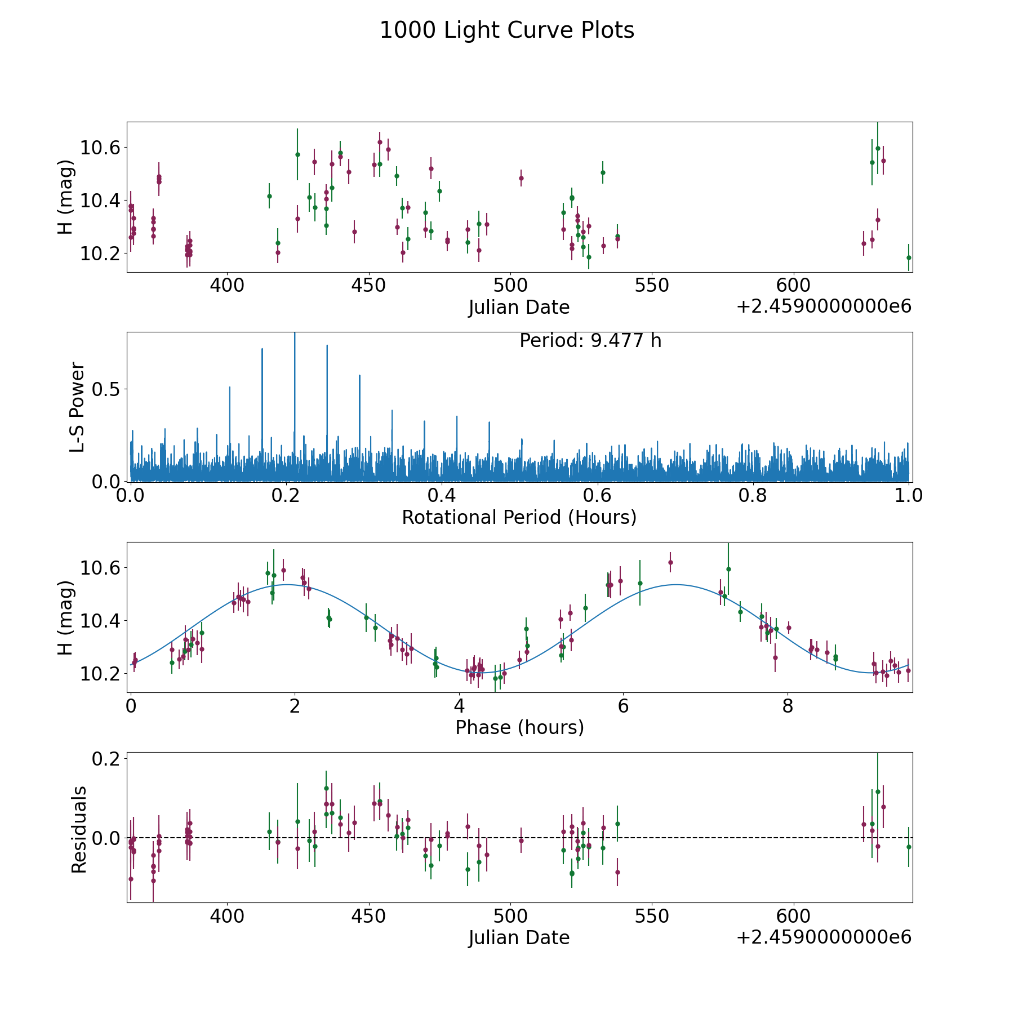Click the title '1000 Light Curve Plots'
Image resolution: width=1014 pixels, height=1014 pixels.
[507, 30]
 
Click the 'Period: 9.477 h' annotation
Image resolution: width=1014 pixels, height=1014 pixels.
[590, 341]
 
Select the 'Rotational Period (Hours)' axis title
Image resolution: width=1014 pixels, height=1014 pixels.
[519, 517]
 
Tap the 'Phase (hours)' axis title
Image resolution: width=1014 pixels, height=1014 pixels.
[519, 727]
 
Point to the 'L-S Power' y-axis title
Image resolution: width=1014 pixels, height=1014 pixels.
[78, 407]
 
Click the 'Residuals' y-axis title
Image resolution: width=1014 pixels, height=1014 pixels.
[79, 829]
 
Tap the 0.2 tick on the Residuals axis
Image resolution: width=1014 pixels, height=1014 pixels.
[108, 759]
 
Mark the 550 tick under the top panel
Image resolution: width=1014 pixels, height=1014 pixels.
[652, 286]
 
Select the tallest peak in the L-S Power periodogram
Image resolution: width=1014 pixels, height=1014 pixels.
[294, 336]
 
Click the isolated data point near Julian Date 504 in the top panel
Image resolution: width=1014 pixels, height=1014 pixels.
[521, 178]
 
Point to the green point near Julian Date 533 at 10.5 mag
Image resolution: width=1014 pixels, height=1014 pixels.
[603, 172]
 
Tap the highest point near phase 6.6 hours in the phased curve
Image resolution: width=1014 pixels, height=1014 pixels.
[670, 562]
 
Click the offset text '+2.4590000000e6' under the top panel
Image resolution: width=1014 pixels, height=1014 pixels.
[824, 306]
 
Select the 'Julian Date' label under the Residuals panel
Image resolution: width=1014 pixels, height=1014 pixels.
[519, 937]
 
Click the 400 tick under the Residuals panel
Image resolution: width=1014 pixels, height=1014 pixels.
[226, 916]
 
